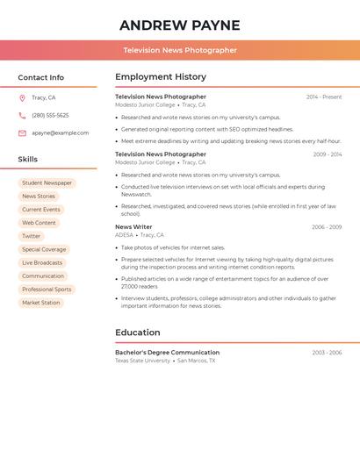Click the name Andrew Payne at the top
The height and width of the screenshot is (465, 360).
[179, 25]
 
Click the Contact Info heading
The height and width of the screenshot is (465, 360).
[40, 77]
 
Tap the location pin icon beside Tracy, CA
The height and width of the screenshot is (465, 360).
[22, 98]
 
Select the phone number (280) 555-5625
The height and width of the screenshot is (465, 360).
[50, 116]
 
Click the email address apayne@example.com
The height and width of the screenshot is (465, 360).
[60, 133]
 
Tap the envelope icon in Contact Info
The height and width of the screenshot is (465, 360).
[22, 133]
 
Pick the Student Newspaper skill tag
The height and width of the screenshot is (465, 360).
[47, 183]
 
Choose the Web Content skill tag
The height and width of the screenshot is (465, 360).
[39, 223]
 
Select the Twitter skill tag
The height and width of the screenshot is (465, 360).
[32, 236]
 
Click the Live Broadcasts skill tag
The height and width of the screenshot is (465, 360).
[42, 263]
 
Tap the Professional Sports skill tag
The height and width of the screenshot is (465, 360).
[47, 290]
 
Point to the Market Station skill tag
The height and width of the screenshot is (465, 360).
[41, 303]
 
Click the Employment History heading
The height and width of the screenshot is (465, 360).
[161, 77]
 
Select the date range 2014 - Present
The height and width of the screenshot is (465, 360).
[324, 97]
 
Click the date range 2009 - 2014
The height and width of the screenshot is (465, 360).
[327, 154]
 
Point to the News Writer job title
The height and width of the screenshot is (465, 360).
[133, 227]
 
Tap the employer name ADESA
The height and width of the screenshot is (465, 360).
[124, 235]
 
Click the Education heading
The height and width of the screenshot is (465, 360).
[138, 333]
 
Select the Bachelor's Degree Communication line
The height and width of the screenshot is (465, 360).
[167, 353]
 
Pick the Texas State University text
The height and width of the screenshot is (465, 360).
[142, 361]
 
